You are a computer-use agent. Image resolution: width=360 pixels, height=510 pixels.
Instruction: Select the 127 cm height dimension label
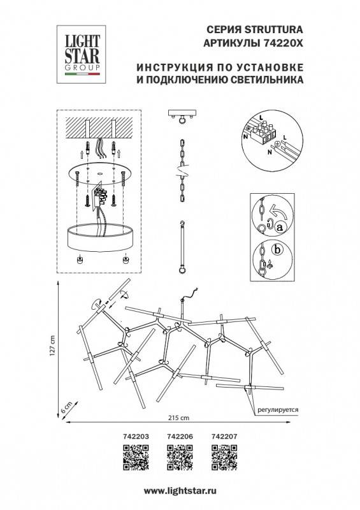point(55,347)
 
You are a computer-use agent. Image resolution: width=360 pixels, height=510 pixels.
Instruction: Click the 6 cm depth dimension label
point(64,407)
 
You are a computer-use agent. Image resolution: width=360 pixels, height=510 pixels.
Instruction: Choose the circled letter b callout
point(277,250)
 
